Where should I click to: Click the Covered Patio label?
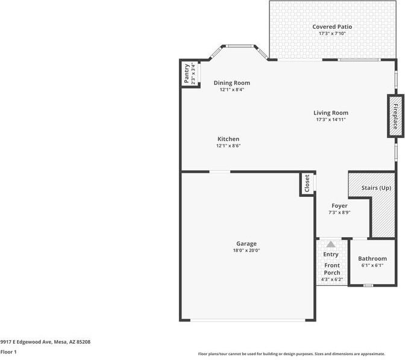click(332, 26)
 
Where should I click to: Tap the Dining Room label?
click(232, 83)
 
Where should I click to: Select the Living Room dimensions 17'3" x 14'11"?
click(331, 120)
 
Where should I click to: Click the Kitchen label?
click(228, 139)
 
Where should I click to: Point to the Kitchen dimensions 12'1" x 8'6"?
click(228, 146)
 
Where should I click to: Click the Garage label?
click(246, 244)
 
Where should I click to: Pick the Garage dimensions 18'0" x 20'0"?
click(246, 250)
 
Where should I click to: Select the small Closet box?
click(307, 184)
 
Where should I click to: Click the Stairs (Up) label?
click(376, 188)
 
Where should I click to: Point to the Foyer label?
click(339, 206)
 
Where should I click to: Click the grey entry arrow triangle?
click(330, 244)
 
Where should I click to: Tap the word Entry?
click(331, 254)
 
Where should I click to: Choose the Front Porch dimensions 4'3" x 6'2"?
click(332, 279)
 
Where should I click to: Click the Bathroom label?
click(372, 258)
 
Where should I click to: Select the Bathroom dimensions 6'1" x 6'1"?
click(372, 265)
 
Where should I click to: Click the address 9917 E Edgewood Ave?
click(45, 341)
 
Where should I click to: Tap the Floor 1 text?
click(8, 352)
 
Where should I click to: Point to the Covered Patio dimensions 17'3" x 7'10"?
click(332, 34)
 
